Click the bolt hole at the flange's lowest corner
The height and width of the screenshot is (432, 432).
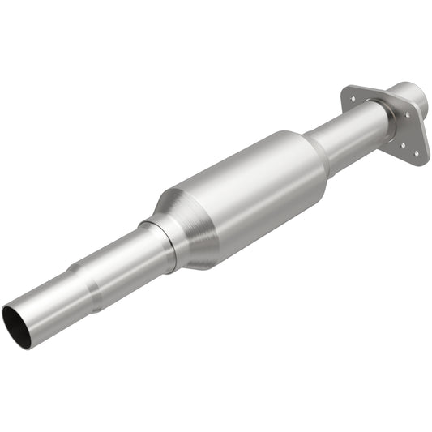point(416,152)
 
